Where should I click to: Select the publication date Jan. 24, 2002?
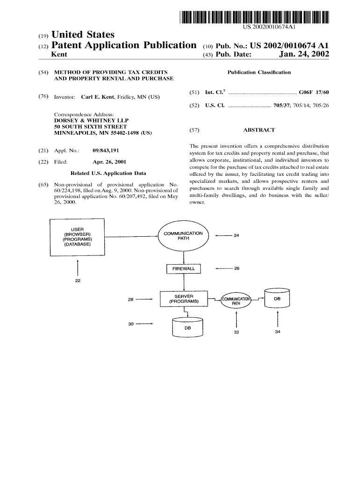[x=304, y=55]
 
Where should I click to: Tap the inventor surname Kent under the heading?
[x=58, y=55]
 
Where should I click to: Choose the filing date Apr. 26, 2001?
[x=109, y=162]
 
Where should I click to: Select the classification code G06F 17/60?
[x=314, y=93]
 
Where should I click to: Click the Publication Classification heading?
[x=259, y=73]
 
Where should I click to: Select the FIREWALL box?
[x=183, y=269]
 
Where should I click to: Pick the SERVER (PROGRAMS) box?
[x=183, y=299]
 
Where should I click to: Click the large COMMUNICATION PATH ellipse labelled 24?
[x=183, y=236]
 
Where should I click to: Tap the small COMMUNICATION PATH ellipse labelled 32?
[x=236, y=300]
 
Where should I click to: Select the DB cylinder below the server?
[x=187, y=327]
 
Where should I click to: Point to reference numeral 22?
[x=78, y=281]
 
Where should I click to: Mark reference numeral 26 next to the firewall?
[x=237, y=269]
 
